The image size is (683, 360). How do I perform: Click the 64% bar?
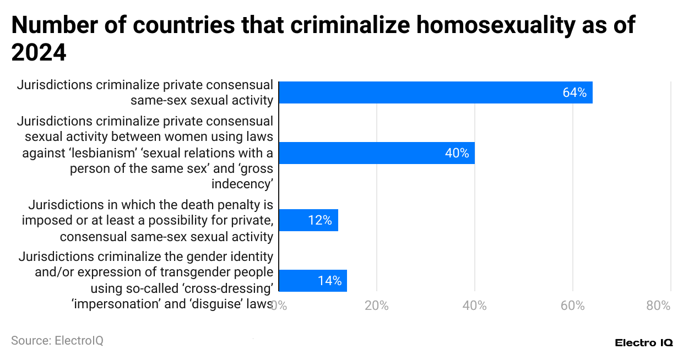coord(435,92)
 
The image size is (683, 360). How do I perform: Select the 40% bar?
coord(376,153)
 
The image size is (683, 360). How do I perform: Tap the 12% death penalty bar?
coord(308,220)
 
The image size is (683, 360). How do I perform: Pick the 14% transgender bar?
coord(312,281)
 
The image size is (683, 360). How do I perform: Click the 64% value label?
coord(574,92)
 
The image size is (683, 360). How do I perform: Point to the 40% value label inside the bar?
coord(457,153)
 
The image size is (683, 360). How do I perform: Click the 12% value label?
coord(320,220)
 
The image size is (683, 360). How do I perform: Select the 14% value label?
coord(329,281)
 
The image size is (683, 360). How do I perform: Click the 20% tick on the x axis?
coord(377,306)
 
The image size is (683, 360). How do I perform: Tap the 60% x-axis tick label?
coord(573,306)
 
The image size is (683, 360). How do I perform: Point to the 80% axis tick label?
coord(658,306)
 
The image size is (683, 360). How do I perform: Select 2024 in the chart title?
coord(39,53)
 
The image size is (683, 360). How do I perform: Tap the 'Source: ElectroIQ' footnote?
coord(57,341)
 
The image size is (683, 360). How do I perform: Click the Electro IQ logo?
coord(643,342)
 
